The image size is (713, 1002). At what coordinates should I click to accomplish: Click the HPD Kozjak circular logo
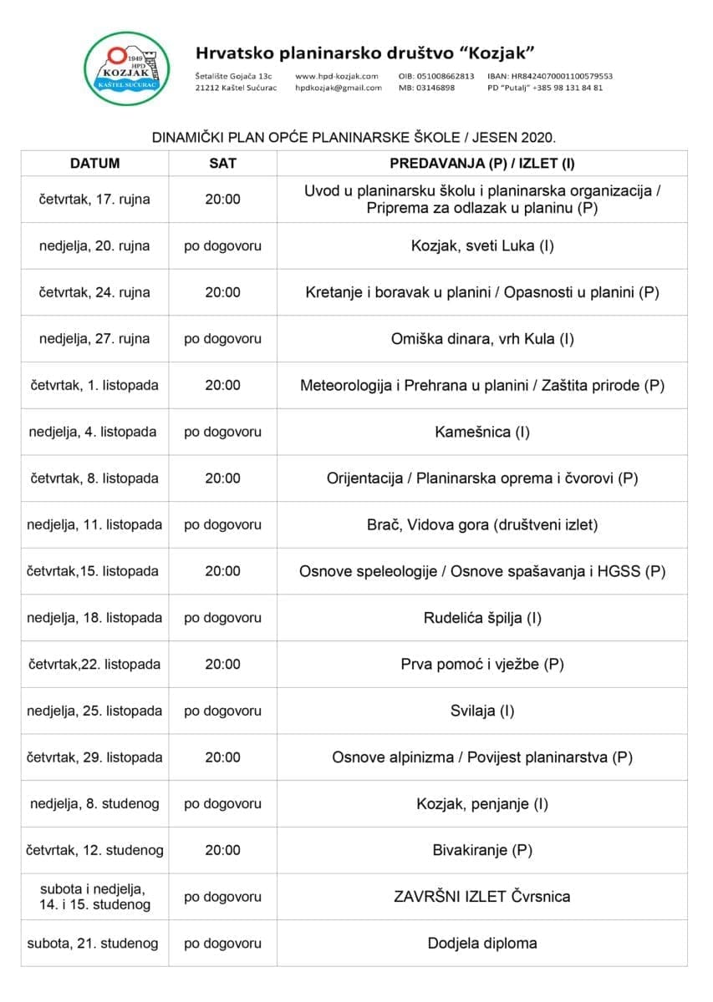(128, 68)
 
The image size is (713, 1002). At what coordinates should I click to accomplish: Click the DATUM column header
(94, 164)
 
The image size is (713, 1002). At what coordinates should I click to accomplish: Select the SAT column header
(222, 164)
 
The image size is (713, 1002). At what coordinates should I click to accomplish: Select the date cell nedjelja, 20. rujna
(94, 246)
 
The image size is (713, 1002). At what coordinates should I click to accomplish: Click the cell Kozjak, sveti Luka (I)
(482, 246)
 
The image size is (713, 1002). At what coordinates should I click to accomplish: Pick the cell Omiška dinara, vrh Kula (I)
(482, 339)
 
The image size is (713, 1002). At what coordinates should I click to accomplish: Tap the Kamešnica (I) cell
(482, 433)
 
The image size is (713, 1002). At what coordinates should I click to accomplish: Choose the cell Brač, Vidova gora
(482, 525)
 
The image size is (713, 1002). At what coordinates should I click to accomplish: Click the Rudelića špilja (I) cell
(482, 619)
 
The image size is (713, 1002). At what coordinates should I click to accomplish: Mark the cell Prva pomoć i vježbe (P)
(482, 665)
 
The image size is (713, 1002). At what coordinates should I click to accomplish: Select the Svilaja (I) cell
(482, 711)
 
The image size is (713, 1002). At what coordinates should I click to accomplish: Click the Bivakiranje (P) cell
(482, 851)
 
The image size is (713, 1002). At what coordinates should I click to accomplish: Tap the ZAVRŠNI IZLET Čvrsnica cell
(482, 897)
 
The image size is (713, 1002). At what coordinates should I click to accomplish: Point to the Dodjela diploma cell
(482, 944)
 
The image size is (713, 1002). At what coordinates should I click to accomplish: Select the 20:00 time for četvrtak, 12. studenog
(222, 851)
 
